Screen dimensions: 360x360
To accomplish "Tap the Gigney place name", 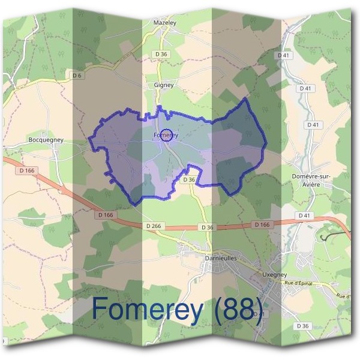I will pos(164,85).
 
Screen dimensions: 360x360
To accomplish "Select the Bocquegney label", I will pos(46,140).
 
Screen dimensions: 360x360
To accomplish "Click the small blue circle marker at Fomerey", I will pos(167,135).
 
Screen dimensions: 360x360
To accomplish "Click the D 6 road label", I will pos(76,75).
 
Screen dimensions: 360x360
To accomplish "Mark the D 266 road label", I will pos(154,226).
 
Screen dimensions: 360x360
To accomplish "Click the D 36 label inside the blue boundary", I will pos(189,179).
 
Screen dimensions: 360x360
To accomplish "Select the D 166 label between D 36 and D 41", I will pos(262,224).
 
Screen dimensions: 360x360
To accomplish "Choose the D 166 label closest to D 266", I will pos(105,214).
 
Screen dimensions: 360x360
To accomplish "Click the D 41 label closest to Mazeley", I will pos(284,55).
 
